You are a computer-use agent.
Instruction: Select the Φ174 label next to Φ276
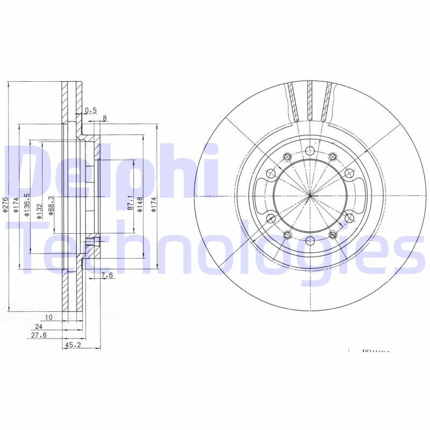[x=16, y=207]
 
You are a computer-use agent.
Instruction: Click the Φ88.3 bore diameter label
[x=51, y=206]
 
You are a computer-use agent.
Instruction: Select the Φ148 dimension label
[x=139, y=204]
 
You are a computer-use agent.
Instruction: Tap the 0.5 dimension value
[x=91, y=111]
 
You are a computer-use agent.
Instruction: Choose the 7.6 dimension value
[x=107, y=276]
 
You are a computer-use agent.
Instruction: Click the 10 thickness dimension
[x=49, y=318]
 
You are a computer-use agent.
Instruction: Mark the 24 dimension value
[x=38, y=326]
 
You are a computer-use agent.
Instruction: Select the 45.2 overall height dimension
[x=72, y=346]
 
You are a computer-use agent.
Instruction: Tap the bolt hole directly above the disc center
[x=310, y=151]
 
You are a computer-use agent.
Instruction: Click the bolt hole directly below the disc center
[x=310, y=240]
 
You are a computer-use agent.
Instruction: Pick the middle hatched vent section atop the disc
[x=310, y=102]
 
